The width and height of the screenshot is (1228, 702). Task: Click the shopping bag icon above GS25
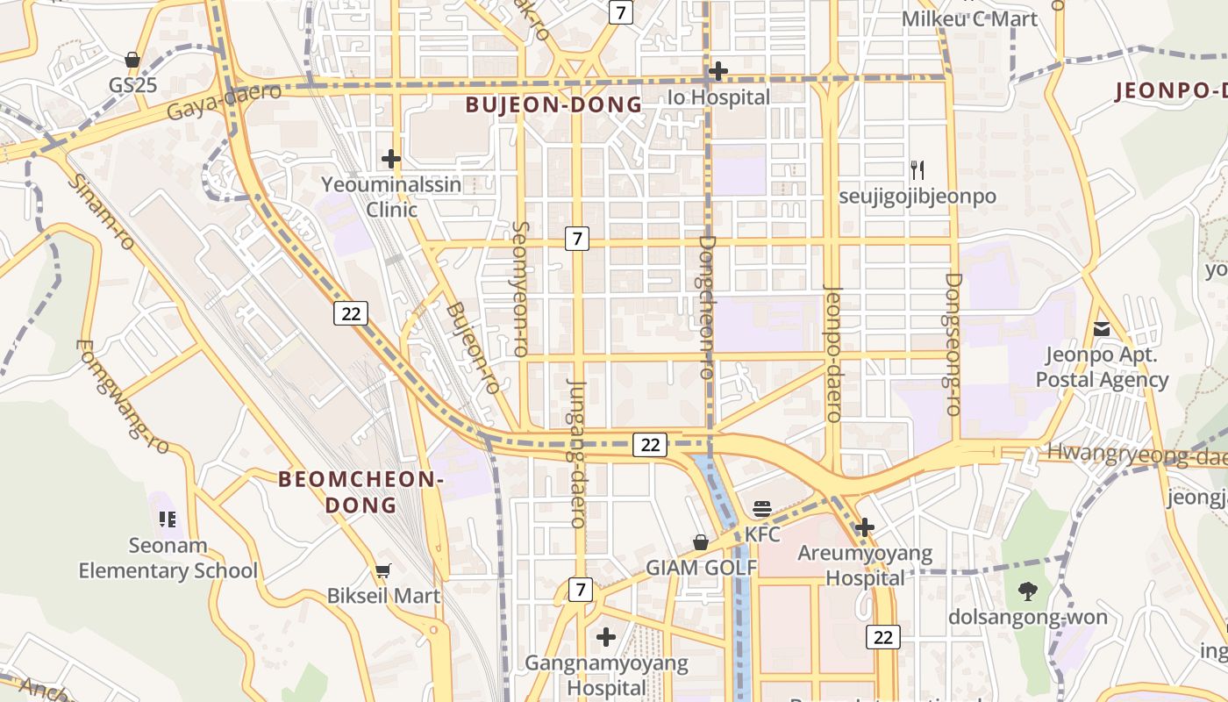click(x=132, y=60)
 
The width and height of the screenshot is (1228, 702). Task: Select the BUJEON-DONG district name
click(x=553, y=105)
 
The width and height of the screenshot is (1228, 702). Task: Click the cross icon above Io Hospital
click(x=718, y=70)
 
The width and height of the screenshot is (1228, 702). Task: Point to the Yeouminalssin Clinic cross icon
click(x=391, y=159)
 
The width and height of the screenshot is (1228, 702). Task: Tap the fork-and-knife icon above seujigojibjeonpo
click(x=917, y=169)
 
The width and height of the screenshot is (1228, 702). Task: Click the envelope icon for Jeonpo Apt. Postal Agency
click(x=1102, y=329)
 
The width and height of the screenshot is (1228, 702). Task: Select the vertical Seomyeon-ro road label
click(x=520, y=289)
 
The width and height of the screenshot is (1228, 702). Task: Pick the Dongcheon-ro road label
click(x=708, y=306)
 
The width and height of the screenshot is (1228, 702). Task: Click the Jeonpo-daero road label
click(x=833, y=354)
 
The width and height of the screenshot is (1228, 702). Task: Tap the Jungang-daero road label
click(x=577, y=453)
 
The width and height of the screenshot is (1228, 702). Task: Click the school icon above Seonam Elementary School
click(x=168, y=519)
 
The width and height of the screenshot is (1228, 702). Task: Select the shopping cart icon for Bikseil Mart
click(x=382, y=571)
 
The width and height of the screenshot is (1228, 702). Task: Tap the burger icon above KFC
click(x=761, y=508)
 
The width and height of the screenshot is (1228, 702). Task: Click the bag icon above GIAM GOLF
click(x=701, y=542)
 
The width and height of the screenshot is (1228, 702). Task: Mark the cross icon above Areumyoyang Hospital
click(x=865, y=527)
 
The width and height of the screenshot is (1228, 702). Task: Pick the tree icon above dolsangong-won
click(x=1027, y=591)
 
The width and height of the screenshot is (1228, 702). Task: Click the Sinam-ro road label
click(x=102, y=211)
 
